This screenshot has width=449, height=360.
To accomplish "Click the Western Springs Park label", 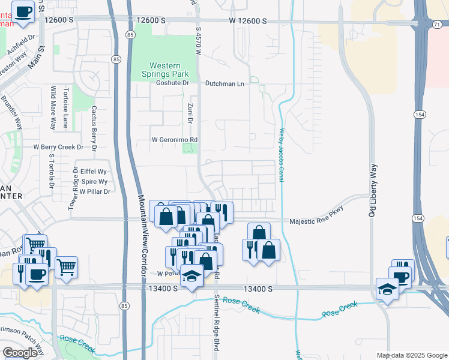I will pos(169,69).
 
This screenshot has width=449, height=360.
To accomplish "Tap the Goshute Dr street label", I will pos(169,84).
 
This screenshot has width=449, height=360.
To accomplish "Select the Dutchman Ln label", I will pos(224,84).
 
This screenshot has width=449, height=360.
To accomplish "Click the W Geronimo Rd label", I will pos(174,140).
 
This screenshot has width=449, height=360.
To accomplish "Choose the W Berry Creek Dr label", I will pos(58,147).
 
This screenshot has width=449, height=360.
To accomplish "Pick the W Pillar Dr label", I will pos(95,191).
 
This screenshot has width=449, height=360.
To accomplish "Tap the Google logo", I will pos(20,353).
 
